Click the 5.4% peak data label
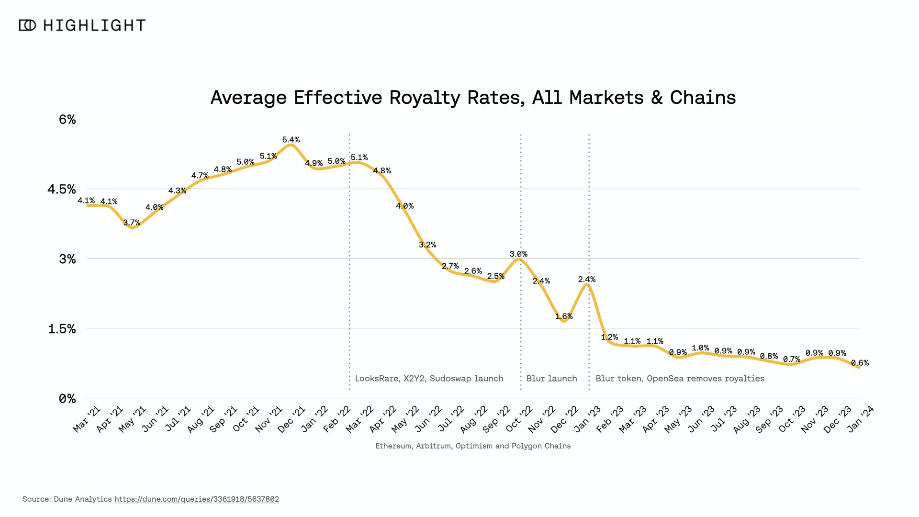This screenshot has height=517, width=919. (x=291, y=140)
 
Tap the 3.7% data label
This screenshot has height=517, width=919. (x=132, y=223)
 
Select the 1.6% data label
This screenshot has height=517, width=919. (x=564, y=316)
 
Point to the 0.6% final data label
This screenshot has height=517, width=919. (x=860, y=363)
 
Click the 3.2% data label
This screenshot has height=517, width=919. (x=427, y=245)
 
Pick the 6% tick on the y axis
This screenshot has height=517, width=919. (x=67, y=119)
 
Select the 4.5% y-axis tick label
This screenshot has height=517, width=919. (x=62, y=189)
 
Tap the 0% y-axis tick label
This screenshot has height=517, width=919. (x=67, y=398)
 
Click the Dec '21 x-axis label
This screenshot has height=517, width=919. (x=291, y=419)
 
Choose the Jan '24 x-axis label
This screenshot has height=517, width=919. (x=861, y=419)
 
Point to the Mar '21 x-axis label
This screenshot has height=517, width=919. (x=87, y=419)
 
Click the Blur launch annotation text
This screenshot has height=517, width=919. (x=551, y=379)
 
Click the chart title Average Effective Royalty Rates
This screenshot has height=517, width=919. (x=473, y=98)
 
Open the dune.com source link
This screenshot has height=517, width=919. (x=196, y=499)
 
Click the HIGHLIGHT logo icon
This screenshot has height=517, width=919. (x=27, y=25)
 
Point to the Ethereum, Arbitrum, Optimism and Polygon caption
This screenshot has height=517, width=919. (x=473, y=446)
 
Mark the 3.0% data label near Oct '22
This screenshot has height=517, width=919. (x=518, y=254)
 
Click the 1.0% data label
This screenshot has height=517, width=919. (x=700, y=348)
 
